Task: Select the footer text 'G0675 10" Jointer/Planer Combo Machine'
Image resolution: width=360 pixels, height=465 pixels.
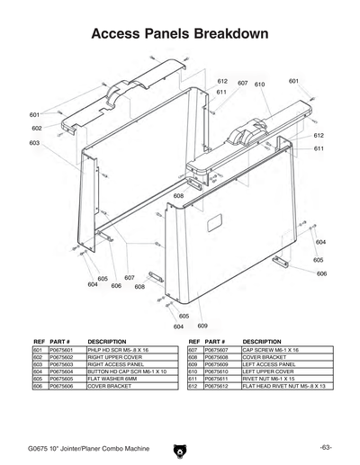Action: click(82, 448)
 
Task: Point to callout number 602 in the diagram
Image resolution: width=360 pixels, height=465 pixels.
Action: click(37, 129)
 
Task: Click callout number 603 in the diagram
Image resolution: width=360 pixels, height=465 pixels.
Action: click(34, 143)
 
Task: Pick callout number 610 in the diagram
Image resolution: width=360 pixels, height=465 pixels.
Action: click(260, 85)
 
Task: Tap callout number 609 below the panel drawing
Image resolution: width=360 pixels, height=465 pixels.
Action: click(202, 325)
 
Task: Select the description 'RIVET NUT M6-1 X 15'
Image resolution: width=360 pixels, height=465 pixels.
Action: click(270, 379)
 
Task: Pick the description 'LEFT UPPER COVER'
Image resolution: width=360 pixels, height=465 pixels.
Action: click(267, 371)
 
